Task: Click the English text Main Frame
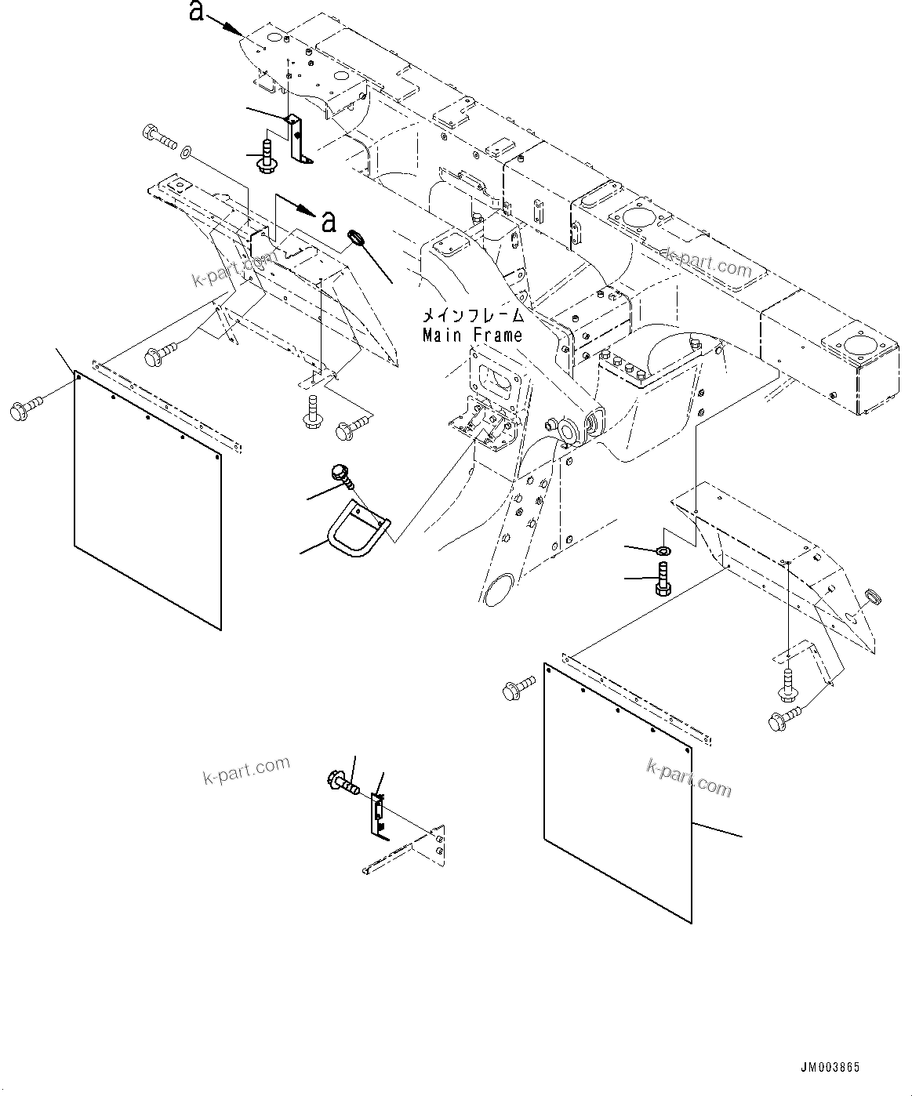pyautogui.click(x=472, y=336)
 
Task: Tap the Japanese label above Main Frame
pyautogui.click(x=473, y=317)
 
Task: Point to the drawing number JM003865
pyautogui.click(x=830, y=1067)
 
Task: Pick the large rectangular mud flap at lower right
pyautogui.click(x=617, y=792)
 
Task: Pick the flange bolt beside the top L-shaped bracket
pyautogui.click(x=265, y=155)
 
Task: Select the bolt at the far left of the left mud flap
pyautogui.click(x=25, y=408)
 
